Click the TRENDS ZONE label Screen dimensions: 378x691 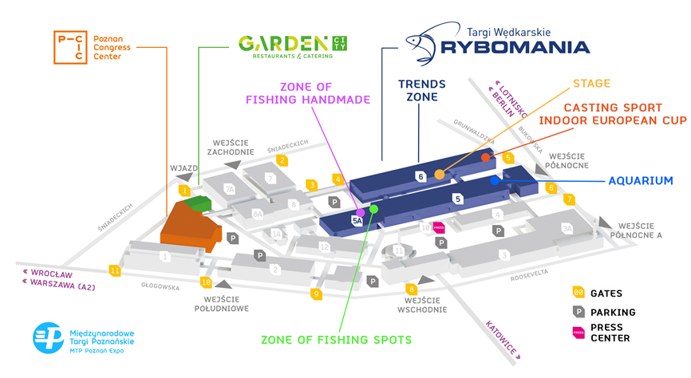tap(422, 90)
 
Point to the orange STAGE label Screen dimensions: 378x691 tap(591, 84)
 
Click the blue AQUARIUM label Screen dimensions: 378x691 tap(641, 181)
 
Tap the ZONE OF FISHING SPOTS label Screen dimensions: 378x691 tap(336, 340)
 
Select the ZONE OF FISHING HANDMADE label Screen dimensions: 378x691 tap(323, 93)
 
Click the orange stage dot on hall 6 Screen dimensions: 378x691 tap(440, 175)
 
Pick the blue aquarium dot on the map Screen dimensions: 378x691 tap(495, 180)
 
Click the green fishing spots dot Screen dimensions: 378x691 tap(373, 209)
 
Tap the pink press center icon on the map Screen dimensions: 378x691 tap(438, 227)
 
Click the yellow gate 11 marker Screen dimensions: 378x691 tap(116, 270)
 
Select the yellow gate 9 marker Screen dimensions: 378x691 tap(317, 294)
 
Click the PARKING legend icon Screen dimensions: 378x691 tap(578, 312)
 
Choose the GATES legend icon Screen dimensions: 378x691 tap(578, 293)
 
